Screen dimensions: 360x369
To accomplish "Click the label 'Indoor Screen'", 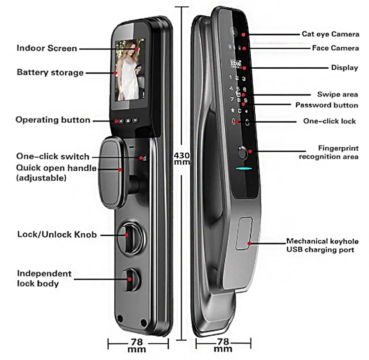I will pyautogui.click(x=46, y=48).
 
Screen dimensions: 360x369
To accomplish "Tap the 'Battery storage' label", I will pyautogui.click(x=50, y=72).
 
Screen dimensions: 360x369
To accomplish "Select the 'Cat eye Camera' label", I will pyautogui.click(x=330, y=34).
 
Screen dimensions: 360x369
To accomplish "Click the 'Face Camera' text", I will pyautogui.click(x=335, y=48).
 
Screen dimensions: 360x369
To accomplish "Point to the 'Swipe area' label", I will pyautogui.click(x=337, y=94).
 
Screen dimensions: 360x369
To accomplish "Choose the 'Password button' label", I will pyautogui.click(x=327, y=105).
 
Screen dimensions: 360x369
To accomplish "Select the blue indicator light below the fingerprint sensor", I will pyautogui.click(x=243, y=170).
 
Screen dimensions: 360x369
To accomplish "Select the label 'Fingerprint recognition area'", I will pyautogui.click(x=328, y=152).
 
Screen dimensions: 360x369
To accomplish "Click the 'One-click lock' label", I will pyautogui.click(x=330, y=121).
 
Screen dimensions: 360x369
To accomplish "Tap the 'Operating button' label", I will pyautogui.click(x=53, y=120).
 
